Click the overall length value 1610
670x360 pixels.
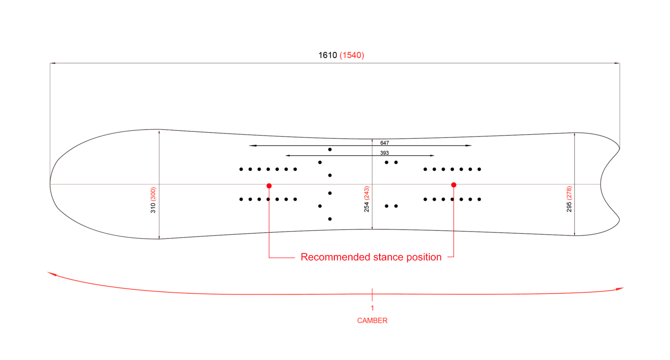(328, 55)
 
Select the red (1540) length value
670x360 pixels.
(352, 55)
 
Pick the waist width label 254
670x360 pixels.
(367, 207)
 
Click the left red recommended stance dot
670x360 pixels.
(269, 186)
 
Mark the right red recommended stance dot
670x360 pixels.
(454, 185)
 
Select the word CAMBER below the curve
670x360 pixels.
(372, 321)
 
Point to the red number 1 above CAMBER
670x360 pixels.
(372, 308)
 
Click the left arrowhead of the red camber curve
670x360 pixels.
(50, 273)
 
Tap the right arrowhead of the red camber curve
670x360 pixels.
(622, 288)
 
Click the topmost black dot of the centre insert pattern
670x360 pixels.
(330, 150)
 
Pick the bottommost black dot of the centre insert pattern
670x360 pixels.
(330, 219)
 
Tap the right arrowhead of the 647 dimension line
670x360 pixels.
(469, 146)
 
